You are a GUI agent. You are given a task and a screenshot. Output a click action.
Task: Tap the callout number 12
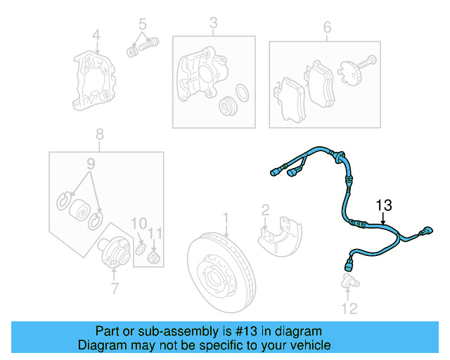point(349,308)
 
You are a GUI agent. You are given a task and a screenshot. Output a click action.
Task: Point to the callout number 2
point(265,210)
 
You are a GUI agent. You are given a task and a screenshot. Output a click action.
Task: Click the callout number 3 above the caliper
point(213,26)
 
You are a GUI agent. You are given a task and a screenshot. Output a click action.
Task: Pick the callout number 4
point(97,33)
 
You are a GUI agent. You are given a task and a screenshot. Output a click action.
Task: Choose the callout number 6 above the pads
point(326,27)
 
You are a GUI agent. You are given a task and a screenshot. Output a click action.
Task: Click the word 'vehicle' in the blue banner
point(307,345)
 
